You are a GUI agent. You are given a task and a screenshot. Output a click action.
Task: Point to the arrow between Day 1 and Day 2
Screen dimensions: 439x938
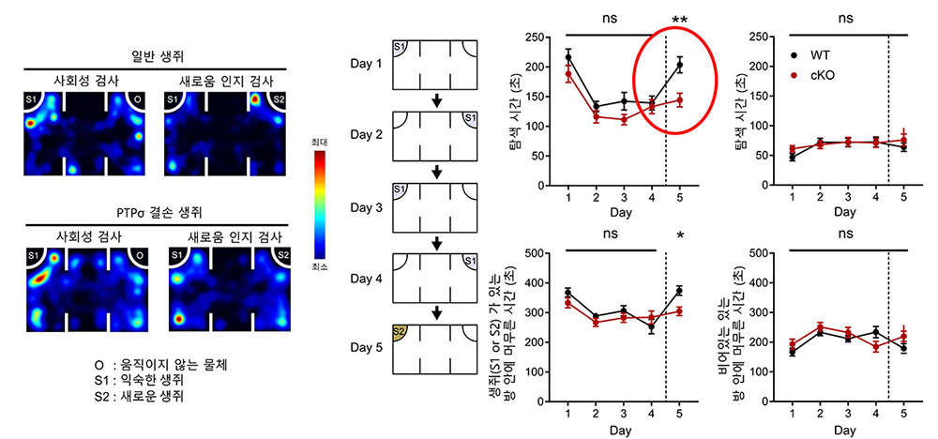pos(436,100)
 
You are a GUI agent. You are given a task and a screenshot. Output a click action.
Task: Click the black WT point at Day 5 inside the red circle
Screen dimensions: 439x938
pos(680,65)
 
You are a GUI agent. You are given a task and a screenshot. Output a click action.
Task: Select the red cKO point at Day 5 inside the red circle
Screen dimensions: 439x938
pos(680,99)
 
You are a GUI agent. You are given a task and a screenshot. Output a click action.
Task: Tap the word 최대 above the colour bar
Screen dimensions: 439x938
pos(321,141)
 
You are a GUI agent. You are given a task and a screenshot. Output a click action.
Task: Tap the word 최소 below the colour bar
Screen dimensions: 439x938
pos(321,267)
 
